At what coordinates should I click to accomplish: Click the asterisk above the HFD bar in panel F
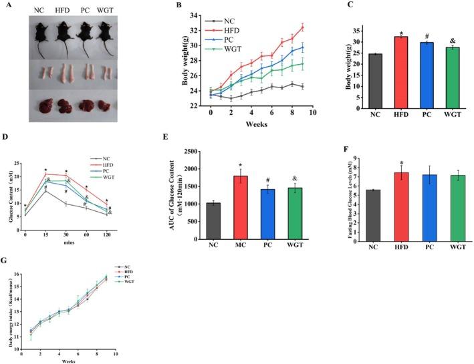[x=388, y=163]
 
